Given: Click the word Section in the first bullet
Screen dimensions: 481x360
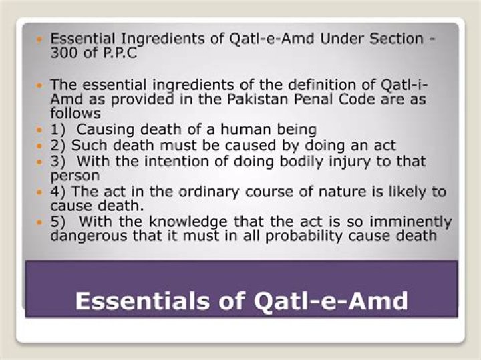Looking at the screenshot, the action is tap(396, 39).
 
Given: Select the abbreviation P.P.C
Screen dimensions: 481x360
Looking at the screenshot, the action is tap(120, 53).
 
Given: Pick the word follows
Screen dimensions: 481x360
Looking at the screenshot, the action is tap(75, 113).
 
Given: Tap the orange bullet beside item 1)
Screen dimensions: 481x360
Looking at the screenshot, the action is tap(39, 130).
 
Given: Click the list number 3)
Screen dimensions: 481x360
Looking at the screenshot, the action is tap(57, 161).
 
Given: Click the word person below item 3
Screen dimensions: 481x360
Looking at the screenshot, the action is tap(75, 176).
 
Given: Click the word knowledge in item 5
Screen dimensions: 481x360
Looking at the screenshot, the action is tap(188, 222).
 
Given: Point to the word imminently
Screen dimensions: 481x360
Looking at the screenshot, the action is tap(410, 222).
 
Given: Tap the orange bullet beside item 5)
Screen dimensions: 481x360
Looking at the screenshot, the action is tap(39, 222).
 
